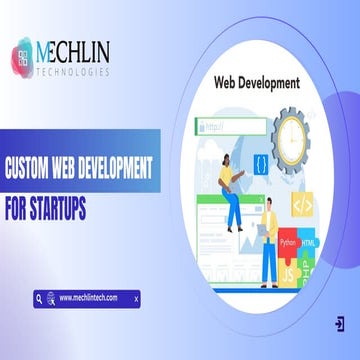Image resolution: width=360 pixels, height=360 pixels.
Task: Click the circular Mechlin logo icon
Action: (x=26, y=55)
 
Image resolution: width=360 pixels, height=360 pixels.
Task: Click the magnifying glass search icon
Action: (x=39, y=298)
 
